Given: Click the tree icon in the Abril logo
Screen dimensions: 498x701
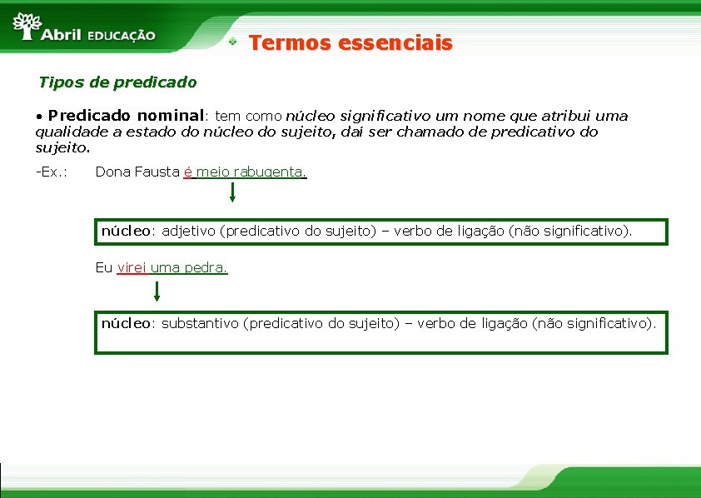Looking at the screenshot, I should (27, 25).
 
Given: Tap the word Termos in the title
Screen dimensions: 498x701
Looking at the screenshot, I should (285, 42).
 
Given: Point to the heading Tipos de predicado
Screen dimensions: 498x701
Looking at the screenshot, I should (117, 82).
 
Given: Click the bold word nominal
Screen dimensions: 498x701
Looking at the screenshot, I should (171, 116).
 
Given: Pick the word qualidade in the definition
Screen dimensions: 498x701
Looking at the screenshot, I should (71, 132).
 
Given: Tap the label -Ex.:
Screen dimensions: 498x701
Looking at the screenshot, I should (51, 172).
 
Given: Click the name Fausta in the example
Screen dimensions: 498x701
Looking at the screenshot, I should (157, 172).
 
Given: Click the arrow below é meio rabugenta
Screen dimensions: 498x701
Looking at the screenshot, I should (232, 193).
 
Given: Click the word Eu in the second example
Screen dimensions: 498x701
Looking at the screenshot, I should (104, 268).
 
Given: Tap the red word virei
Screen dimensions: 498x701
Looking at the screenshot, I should (132, 268).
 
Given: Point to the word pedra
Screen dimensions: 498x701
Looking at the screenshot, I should (208, 268).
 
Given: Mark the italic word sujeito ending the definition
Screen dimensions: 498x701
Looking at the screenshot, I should (61, 148).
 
